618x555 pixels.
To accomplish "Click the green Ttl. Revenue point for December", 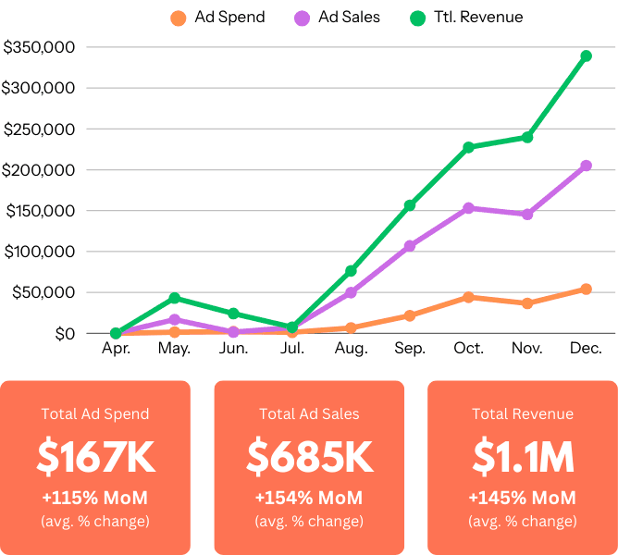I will click(586, 55).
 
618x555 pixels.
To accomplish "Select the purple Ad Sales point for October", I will click(468, 208).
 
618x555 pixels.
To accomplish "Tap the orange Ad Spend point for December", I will click(586, 289).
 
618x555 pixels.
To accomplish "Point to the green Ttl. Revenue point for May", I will click(174, 298).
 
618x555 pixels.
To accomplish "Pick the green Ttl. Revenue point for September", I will click(410, 204).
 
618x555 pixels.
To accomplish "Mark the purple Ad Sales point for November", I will click(527, 214).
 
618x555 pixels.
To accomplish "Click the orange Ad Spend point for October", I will click(468, 297).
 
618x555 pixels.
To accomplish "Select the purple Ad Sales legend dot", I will click(302, 18).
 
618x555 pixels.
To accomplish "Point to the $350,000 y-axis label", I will click(39, 47).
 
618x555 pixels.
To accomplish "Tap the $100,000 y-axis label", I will click(39, 252).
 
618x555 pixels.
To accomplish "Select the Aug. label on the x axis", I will click(351, 349).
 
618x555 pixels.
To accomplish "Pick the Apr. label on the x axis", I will click(116, 349).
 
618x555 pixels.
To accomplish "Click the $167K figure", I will click(95, 457).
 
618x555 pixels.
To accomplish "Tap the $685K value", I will click(309, 457).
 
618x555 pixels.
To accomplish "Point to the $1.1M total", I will click(522, 457).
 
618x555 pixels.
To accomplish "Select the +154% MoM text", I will click(309, 499).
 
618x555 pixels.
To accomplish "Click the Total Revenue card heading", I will click(522, 414).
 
